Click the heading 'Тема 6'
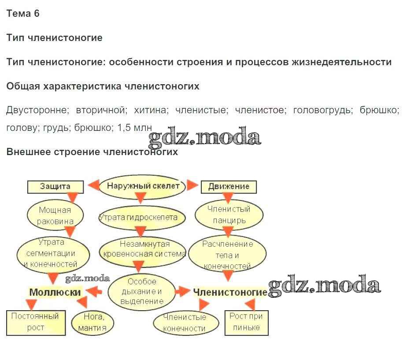[x=23, y=14]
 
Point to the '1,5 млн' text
[x=134, y=128]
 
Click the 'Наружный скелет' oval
[x=143, y=186]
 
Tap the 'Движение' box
[x=229, y=186]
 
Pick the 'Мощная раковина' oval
[x=55, y=215]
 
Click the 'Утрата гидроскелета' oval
[x=138, y=217]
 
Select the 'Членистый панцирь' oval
[x=229, y=215]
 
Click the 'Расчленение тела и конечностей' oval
[x=228, y=255]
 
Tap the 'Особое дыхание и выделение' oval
[x=141, y=291]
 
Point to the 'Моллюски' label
[x=55, y=292]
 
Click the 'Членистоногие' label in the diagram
[x=230, y=292]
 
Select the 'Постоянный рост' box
[x=35, y=322]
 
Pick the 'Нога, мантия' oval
[x=92, y=322]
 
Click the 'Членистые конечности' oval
[x=185, y=323]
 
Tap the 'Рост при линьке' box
[x=246, y=322]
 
